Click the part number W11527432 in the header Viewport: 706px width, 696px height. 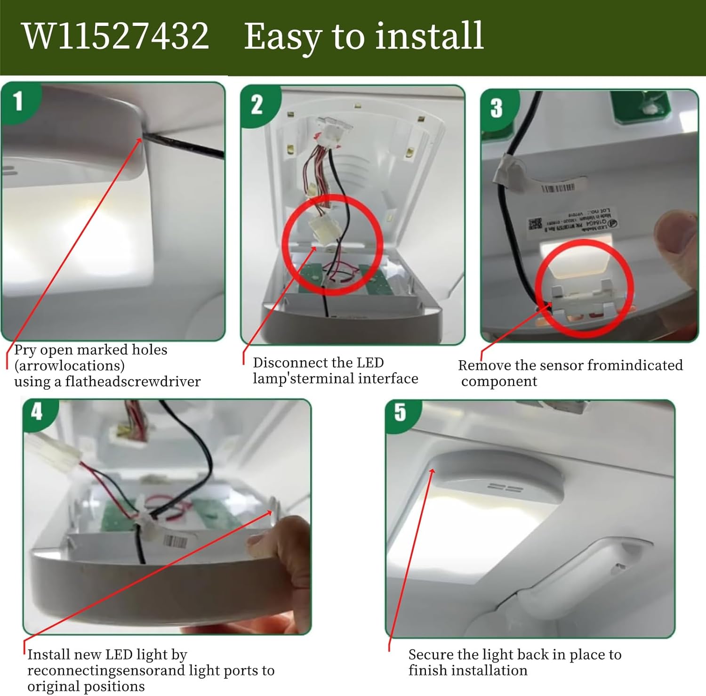point(116,36)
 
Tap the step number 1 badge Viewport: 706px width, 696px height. point(18,101)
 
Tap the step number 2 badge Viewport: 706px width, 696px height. point(257,105)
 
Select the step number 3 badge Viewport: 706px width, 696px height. point(497,108)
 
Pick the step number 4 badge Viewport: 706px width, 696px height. point(37,412)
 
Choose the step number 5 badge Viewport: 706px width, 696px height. point(400,412)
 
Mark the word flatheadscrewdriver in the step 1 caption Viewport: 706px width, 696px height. point(133,381)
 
